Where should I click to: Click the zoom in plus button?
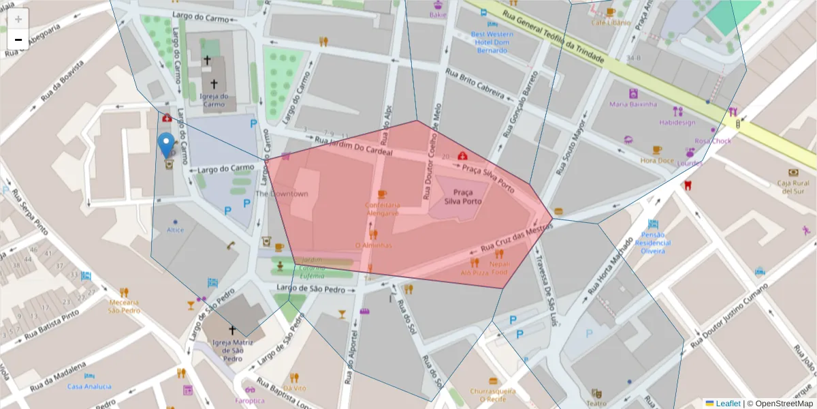(18, 19)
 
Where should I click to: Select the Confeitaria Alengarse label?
(382, 209)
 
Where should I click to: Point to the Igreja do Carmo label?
(214, 100)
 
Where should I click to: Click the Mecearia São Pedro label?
(125, 305)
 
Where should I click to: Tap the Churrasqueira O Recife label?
(492, 395)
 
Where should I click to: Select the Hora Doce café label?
(656, 160)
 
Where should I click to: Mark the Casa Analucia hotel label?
(89, 387)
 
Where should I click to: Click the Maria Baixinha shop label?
(633, 104)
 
